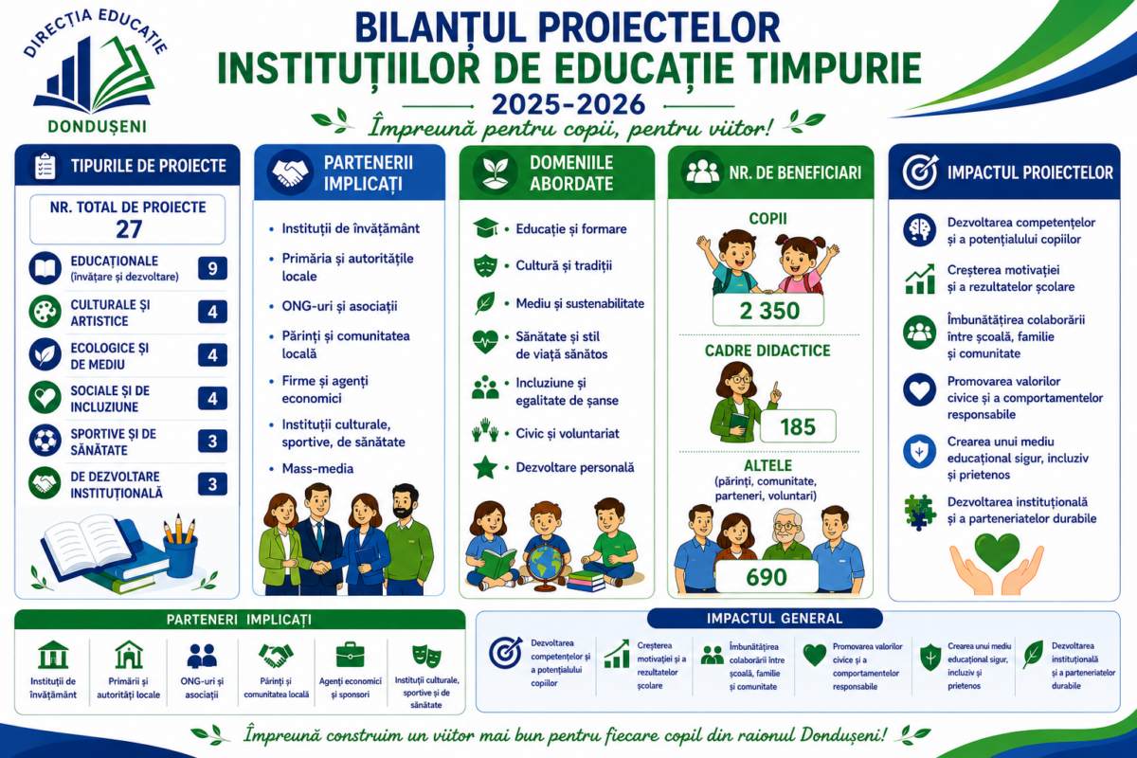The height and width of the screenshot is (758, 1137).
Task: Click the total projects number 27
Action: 129,229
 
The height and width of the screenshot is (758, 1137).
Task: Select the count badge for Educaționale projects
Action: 212,268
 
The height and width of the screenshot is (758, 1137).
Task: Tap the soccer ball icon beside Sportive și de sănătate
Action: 45,440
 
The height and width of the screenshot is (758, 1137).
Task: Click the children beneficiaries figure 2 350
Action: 769,311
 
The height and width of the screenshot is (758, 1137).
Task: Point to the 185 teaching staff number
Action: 798,426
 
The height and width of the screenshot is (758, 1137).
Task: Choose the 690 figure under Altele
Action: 767,577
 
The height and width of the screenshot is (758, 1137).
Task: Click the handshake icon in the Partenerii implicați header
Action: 290,172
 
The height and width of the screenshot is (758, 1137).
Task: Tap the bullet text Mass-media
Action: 317,468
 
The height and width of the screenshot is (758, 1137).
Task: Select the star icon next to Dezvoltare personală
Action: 485,467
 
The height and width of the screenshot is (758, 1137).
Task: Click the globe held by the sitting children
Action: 545,566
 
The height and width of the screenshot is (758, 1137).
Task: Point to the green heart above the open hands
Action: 998,551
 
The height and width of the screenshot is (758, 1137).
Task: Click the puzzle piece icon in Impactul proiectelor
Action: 920,512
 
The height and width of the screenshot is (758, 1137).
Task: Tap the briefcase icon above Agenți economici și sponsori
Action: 351,655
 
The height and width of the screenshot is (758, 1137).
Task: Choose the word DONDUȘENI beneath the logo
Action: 98,126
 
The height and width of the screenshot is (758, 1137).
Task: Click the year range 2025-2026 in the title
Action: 568,104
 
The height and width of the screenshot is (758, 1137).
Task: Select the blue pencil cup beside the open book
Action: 181,556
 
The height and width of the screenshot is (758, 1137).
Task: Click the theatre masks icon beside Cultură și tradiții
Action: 485,265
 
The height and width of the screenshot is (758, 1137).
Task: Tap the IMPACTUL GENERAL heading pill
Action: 765,619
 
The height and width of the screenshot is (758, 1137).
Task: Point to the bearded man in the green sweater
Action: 408,539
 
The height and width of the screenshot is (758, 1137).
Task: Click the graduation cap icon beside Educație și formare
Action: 485,228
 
